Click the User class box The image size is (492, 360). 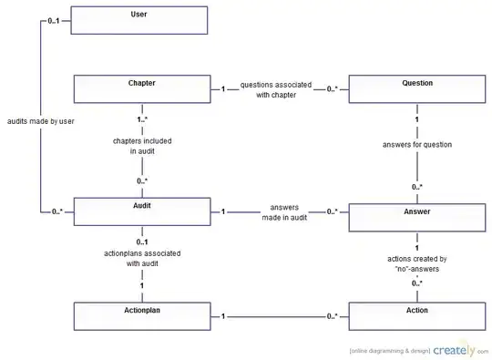click(139, 20)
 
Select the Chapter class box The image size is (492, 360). click(142, 88)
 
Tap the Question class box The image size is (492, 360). click(417, 88)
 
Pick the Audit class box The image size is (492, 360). click(142, 211)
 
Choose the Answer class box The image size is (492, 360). click(417, 218)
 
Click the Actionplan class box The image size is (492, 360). click(142, 316)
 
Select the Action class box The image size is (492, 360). click(417, 316)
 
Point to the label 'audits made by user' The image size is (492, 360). click(41, 121)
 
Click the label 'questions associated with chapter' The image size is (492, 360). click(276, 89)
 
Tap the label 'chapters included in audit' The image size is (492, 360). click(142, 146)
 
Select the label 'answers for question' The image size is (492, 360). click(417, 145)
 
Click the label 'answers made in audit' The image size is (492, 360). click(284, 212)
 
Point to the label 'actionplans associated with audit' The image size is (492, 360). click(142, 258)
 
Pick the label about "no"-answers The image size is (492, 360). click(417, 264)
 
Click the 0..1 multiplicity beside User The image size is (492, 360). click(54, 21)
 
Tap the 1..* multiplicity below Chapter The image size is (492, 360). click(142, 119)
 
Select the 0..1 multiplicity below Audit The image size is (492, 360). click(142, 242)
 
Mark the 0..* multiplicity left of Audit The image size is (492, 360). click(57, 211)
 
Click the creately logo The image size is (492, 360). click(455, 350)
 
